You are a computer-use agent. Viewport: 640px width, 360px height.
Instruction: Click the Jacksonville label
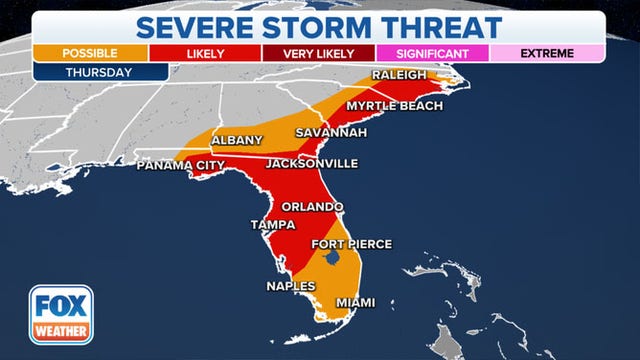pyautogui.click(x=311, y=163)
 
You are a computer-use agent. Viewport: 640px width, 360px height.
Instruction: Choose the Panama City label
pyautogui.click(x=177, y=163)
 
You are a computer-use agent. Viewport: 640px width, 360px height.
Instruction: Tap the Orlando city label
pyautogui.click(x=312, y=207)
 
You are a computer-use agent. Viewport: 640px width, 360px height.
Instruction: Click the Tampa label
pyautogui.click(x=271, y=225)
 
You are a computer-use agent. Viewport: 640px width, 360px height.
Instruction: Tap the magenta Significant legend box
pyautogui.click(x=434, y=52)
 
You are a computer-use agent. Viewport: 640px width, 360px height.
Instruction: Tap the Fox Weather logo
pyautogui.click(x=61, y=314)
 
